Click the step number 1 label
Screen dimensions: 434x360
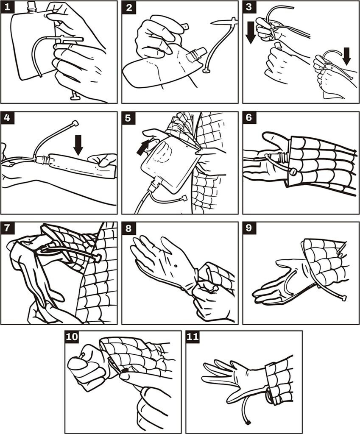[x=7, y=7]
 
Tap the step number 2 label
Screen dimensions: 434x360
[x=128, y=7]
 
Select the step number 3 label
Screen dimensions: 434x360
[x=249, y=7]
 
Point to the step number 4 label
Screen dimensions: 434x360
[x=7, y=118]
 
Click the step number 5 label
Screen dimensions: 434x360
[x=128, y=118]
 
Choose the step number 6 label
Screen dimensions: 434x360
[x=249, y=118]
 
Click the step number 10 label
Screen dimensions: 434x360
[x=73, y=337]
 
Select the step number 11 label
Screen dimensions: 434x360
[x=193, y=337]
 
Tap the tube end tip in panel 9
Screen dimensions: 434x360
[x=343, y=298]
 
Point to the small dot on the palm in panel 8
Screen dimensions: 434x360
[x=175, y=266]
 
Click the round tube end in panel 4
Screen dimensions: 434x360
[x=75, y=123]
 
